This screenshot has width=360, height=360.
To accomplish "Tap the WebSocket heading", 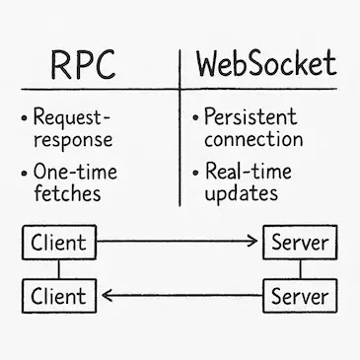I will pyautogui.click(x=265, y=64).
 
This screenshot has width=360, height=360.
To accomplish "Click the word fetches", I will pyautogui.click(x=67, y=193).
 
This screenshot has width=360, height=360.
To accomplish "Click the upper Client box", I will pyautogui.click(x=59, y=242).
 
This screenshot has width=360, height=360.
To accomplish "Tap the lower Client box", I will pyautogui.click(x=59, y=295).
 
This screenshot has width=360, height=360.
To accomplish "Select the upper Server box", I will pyautogui.click(x=301, y=242).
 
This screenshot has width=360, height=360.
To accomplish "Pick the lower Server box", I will pyautogui.click(x=301, y=295).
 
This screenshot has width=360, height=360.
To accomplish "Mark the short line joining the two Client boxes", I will pyautogui.click(x=59, y=268).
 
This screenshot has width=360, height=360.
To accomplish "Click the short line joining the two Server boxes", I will pyautogui.click(x=301, y=268).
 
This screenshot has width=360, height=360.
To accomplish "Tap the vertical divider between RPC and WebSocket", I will pyautogui.click(x=180, y=128).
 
